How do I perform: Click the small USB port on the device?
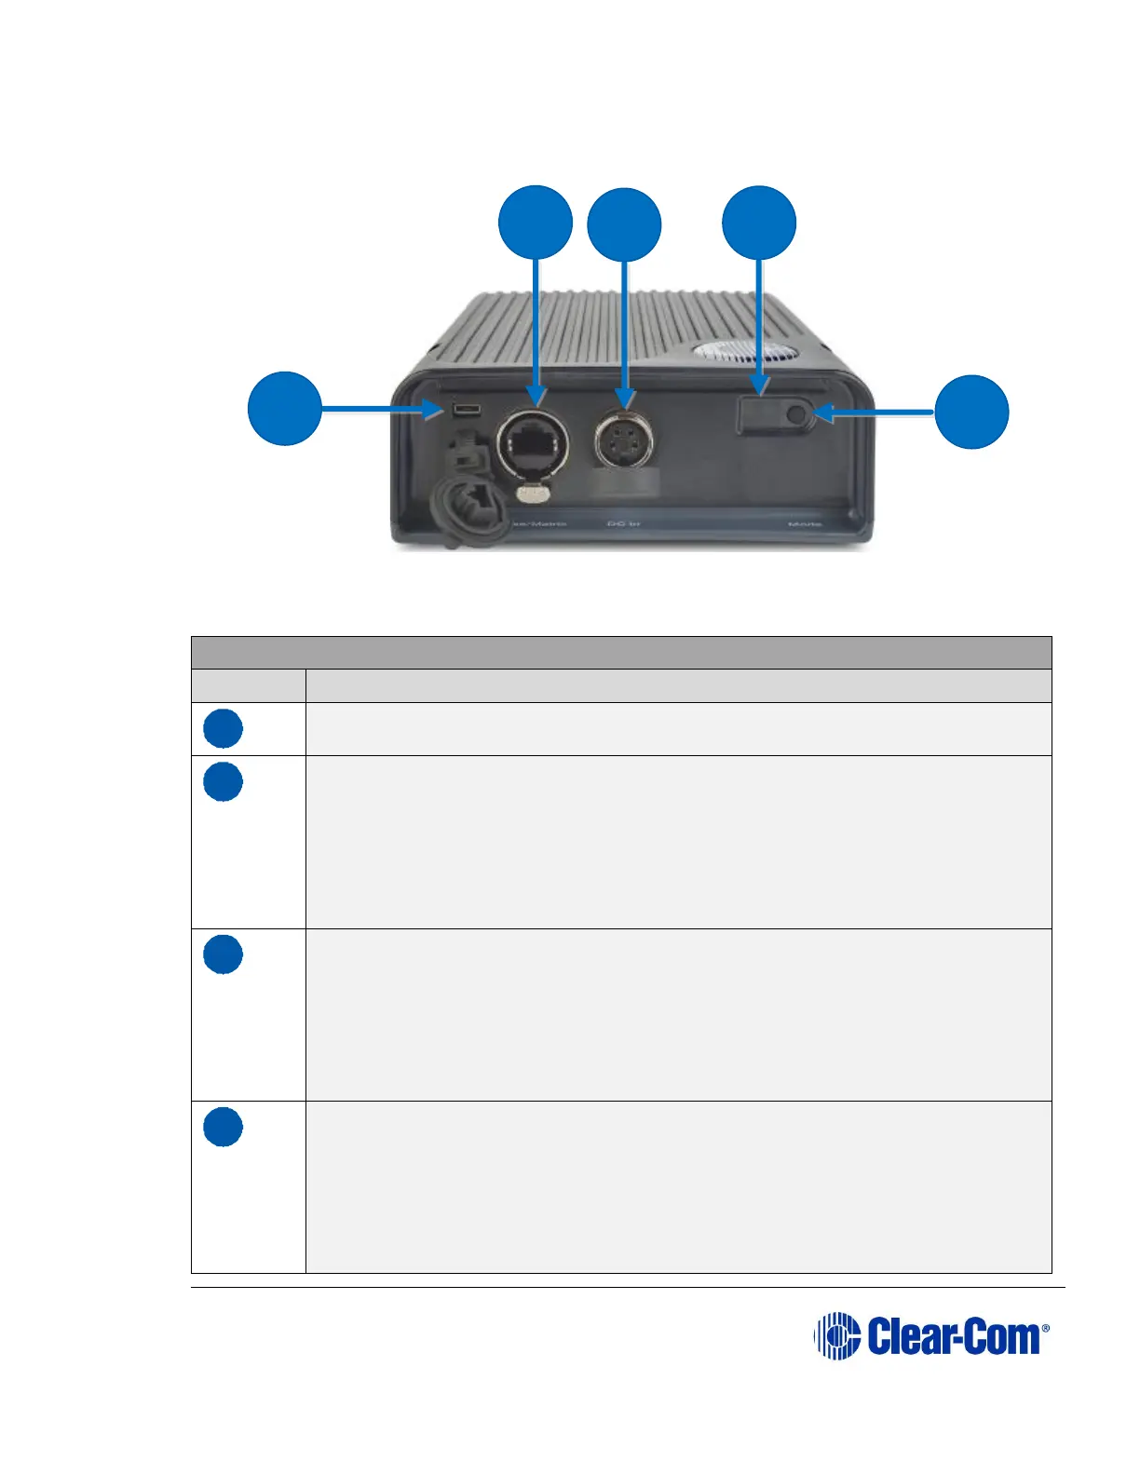click(466, 410)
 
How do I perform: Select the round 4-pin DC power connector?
click(625, 439)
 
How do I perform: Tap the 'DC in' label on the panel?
click(623, 524)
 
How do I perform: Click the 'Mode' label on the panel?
click(805, 524)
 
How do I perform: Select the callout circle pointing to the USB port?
click(285, 408)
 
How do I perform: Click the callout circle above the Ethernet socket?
click(536, 223)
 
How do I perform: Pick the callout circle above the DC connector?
click(624, 225)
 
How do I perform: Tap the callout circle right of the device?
click(971, 412)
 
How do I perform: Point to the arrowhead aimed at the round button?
click(823, 412)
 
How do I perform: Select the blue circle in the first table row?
click(224, 728)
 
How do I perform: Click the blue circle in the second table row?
click(224, 782)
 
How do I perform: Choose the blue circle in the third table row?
click(224, 954)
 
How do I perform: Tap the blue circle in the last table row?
click(224, 1127)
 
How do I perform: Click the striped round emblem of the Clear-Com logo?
click(836, 1336)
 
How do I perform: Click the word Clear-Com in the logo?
click(954, 1337)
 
